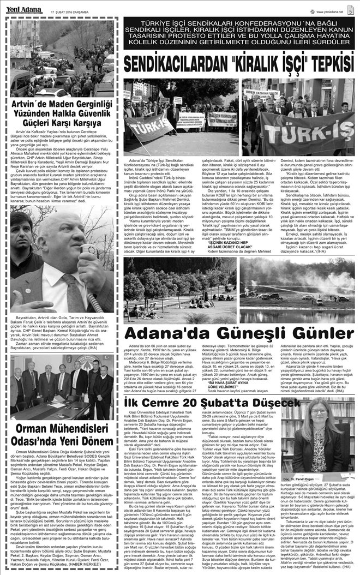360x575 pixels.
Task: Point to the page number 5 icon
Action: click(350, 9)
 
